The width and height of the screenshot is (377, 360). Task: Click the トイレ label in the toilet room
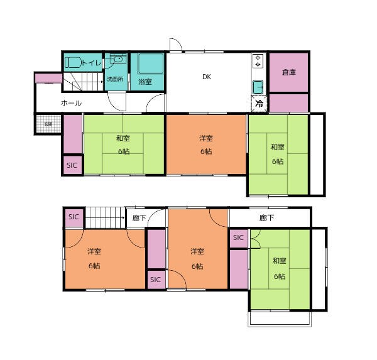click(90, 63)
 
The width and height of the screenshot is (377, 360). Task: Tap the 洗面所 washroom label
click(114, 80)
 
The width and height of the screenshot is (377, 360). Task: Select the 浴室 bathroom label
click(146, 81)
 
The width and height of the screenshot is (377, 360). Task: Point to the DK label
click(206, 77)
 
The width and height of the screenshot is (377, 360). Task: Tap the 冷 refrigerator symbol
click(259, 104)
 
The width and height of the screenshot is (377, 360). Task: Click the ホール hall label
click(71, 102)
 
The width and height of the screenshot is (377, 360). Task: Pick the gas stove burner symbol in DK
click(258, 61)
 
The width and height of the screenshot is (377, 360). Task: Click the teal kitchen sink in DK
click(258, 86)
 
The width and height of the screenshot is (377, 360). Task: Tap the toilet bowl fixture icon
click(72, 63)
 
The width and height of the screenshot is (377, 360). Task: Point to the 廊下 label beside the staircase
click(139, 218)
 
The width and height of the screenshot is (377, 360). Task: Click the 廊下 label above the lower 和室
click(266, 218)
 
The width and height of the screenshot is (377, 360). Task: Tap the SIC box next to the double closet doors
click(239, 237)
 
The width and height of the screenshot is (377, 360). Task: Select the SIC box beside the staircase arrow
click(74, 217)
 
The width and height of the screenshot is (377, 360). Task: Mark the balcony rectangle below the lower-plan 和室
click(280, 319)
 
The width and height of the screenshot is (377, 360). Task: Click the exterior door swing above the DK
click(176, 45)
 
